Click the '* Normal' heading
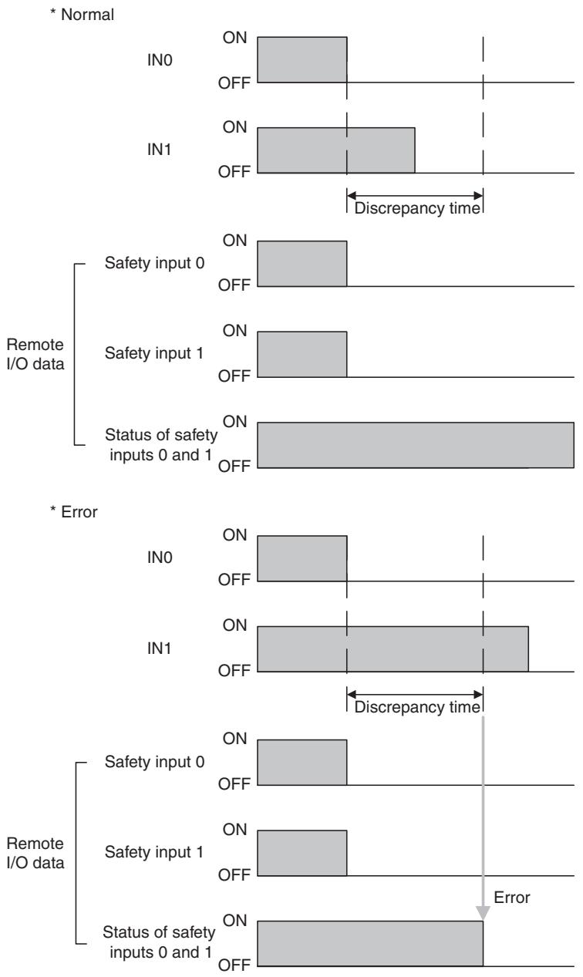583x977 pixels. (82, 15)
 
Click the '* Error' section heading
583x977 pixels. (74, 511)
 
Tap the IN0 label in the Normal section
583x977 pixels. (160, 59)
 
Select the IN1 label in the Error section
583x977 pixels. (159, 649)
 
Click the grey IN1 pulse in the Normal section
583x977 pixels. (336, 150)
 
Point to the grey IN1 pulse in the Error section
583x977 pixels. (393, 649)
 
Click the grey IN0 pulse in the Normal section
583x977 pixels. (302, 59)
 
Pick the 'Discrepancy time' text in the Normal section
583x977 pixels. (417, 208)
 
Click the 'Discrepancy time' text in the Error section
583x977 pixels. (417, 707)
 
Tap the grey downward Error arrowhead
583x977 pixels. (483, 912)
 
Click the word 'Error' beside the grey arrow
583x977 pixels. (512, 898)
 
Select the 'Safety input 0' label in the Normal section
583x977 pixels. (154, 263)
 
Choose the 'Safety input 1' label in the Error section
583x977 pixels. (154, 852)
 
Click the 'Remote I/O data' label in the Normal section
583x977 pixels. (35, 354)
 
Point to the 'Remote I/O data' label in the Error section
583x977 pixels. (35, 853)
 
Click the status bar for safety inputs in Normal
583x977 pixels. (416, 446)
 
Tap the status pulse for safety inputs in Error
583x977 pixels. (370, 943)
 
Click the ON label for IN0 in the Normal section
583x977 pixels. (234, 38)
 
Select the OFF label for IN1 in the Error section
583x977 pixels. (234, 670)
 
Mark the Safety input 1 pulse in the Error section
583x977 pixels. (302, 853)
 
